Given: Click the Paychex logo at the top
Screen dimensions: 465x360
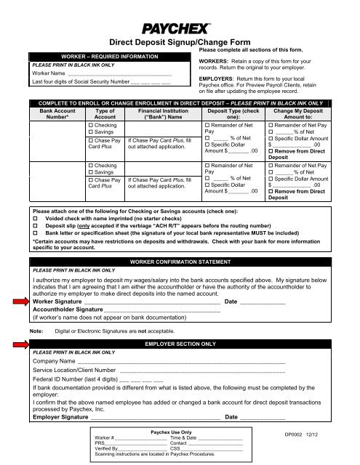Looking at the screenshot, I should tap(180, 29).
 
